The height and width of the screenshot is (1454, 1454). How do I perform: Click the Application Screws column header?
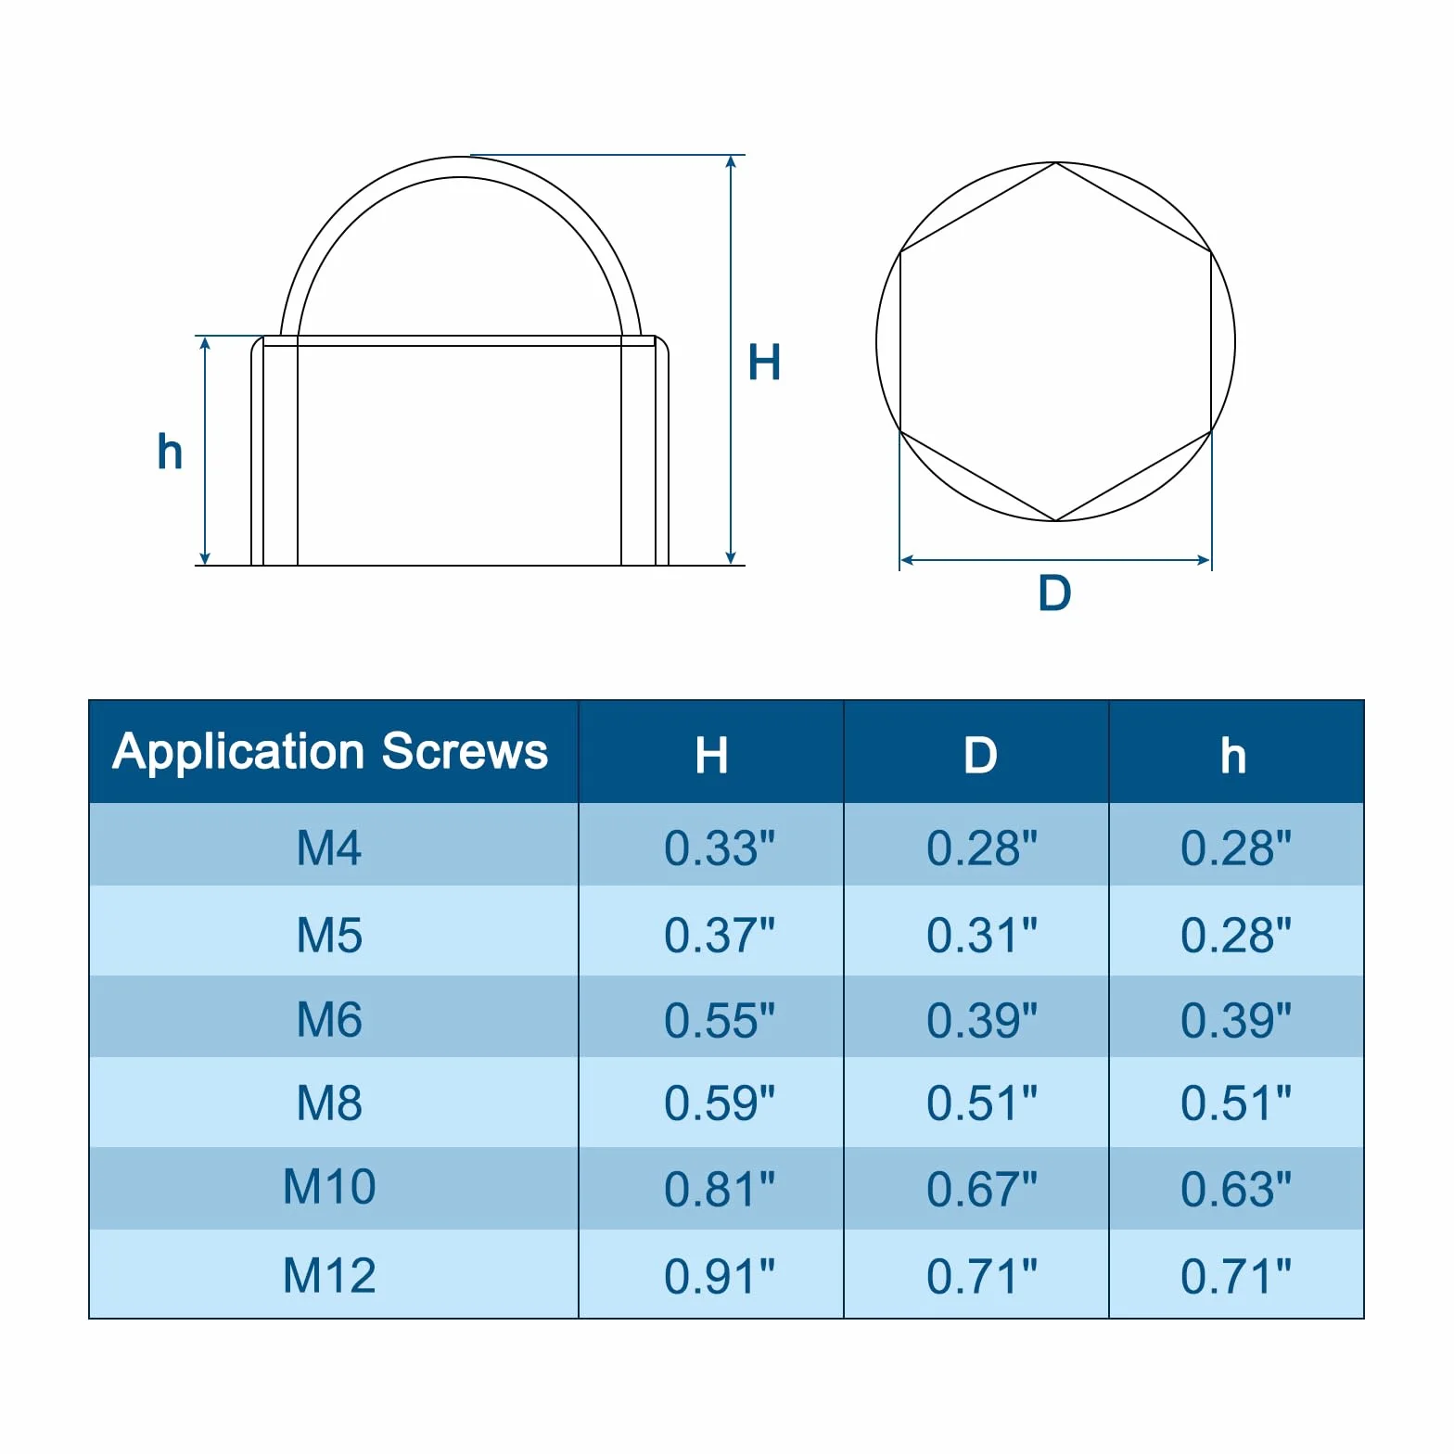(x=330, y=751)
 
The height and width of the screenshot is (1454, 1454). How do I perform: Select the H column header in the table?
(x=711, y=756)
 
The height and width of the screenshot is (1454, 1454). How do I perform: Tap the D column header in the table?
(x=979, y=756)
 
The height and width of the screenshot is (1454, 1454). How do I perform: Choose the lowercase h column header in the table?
(x=1233, y=756)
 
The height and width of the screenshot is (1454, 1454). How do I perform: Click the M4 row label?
(x=329, y=848)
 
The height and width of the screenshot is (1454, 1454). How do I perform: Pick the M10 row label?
(x=329, y=1186)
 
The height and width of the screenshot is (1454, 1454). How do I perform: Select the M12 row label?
(x=329, y=1275)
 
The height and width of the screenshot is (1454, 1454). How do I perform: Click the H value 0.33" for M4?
(x=720, y=848)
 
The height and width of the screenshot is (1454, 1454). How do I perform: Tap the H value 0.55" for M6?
(x=720, y=1020)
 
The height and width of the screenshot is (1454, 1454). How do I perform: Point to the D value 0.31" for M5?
(x=982, y=935)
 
